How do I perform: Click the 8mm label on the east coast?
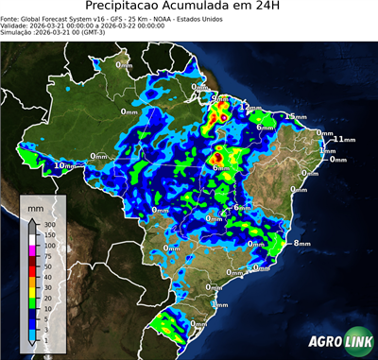point(302,244)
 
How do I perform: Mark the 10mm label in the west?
point(65,166)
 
